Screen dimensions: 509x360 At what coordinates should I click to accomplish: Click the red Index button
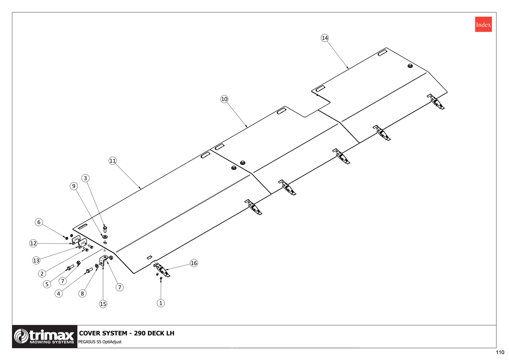(x=483, y=24)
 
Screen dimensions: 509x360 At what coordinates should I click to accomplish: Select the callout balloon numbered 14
(x=325, y=38)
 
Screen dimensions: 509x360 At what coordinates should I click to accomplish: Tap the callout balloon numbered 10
(x=224, y=99)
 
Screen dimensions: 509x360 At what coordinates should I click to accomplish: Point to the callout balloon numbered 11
(x=112, y=161)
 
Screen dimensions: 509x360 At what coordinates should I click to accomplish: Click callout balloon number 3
(x=85, y=178)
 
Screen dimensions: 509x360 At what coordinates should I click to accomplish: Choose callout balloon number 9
(x=74, y=186)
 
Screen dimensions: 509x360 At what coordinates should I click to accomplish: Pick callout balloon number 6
(x=39, y=222)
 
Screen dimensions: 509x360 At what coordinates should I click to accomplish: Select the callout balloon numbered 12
(x=33, y=243)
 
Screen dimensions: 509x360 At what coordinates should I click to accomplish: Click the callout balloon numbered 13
(x=36, y=260)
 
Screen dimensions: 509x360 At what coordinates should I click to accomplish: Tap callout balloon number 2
(x=42, y=273)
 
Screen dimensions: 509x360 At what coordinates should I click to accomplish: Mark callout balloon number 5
(x=47, y=284)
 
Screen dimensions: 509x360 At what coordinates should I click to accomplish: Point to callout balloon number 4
(x=59, y=293)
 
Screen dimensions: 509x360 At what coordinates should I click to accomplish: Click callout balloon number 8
(x=82, y=293)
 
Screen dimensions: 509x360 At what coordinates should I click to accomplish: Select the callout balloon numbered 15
(x=103, y=304)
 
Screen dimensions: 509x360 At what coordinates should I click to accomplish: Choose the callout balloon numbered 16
(x=193, y=263)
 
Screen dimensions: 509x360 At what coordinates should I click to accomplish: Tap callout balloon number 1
(x=161, y=303)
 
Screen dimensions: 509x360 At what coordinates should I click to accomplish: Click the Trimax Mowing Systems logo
(x=45, y=336)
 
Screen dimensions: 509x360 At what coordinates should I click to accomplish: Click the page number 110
(x=500, y=352)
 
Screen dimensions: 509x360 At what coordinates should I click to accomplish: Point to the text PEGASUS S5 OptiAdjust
(x=100, y=342)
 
